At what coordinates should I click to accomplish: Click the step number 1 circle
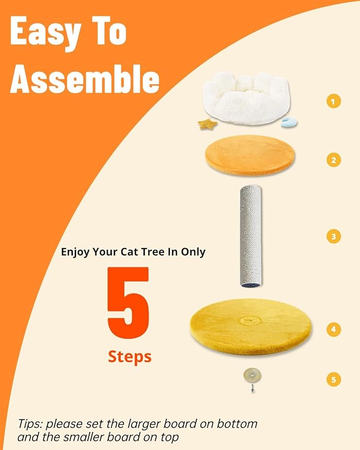pos(333,101)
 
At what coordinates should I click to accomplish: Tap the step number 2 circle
pos(333,160)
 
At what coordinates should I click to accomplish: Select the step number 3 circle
pos(333,236)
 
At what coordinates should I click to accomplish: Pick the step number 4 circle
pos(333,329)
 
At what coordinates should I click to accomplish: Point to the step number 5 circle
pos(333,380)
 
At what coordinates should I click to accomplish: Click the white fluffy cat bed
pos(246,98)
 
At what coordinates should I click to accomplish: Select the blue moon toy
pos(288,123)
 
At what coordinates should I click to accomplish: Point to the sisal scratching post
pos(251,236)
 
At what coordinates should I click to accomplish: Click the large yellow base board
pos(251,327)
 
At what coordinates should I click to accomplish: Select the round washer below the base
pos(252,376)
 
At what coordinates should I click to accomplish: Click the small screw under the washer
pos(252,389)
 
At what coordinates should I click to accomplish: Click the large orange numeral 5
pos(128,303)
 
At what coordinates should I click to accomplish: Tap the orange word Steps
pos(130,357)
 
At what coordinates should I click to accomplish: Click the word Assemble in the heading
pos(85,79)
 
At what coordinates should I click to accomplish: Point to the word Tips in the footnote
pos(30,424)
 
